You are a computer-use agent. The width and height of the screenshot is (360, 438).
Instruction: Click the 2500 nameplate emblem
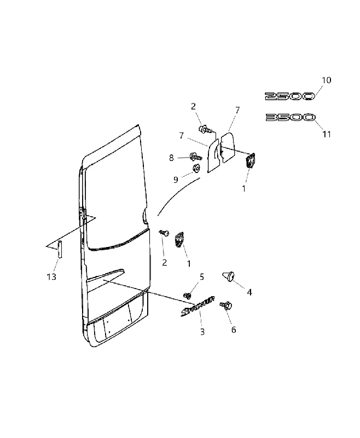(289, 96)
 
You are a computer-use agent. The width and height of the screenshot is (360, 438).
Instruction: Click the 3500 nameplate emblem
(290, 117)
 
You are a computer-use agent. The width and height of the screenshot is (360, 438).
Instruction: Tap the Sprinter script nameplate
(198, 307)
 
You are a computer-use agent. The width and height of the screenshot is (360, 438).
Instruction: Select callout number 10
(326, 80)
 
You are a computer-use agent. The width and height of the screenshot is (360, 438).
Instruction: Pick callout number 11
(327, 134)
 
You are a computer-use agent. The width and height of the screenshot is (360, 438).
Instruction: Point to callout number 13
(51, 277)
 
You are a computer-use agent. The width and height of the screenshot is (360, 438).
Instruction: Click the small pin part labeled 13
(60, 249)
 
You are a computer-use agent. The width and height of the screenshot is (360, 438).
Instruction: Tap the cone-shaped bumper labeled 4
(229, 276)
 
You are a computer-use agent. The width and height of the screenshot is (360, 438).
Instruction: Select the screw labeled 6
(225, 305)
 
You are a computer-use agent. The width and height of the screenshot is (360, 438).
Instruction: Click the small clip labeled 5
(188, 295)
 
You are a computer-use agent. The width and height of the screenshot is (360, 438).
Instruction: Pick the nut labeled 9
(196, 168)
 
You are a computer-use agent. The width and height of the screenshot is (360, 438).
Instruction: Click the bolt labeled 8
(196, 157)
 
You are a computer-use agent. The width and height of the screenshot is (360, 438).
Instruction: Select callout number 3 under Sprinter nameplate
(202, 332)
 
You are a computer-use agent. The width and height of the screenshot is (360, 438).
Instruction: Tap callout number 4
(249, 292)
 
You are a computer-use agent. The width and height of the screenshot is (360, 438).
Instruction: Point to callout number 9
(176, 180)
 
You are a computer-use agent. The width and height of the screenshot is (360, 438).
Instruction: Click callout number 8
(171, 158)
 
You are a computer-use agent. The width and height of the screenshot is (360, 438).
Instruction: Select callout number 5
(202, 277)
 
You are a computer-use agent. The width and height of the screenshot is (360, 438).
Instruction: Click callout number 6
(234, 330)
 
